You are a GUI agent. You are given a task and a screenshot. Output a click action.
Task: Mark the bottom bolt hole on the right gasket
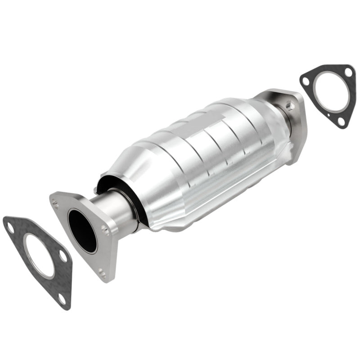click(341, 121)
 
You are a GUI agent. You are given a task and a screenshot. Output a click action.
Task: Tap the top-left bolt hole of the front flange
click(55, 204)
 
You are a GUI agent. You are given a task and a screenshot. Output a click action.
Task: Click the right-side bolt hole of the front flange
click(105, 230)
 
